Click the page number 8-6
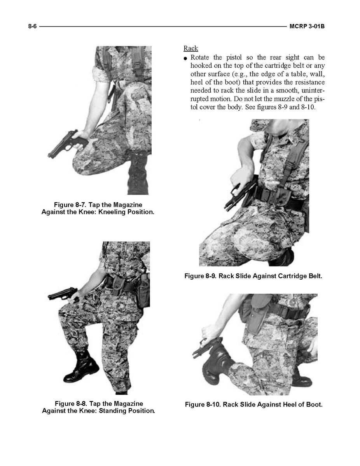tap(32, 26)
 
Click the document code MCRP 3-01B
tap(307, 26)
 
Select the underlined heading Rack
tap(191, 48)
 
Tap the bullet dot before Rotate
tap(185, 58)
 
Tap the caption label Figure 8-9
tap(201, 276)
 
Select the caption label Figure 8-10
tap(203, 405)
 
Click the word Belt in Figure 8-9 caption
tap(315, 276)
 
